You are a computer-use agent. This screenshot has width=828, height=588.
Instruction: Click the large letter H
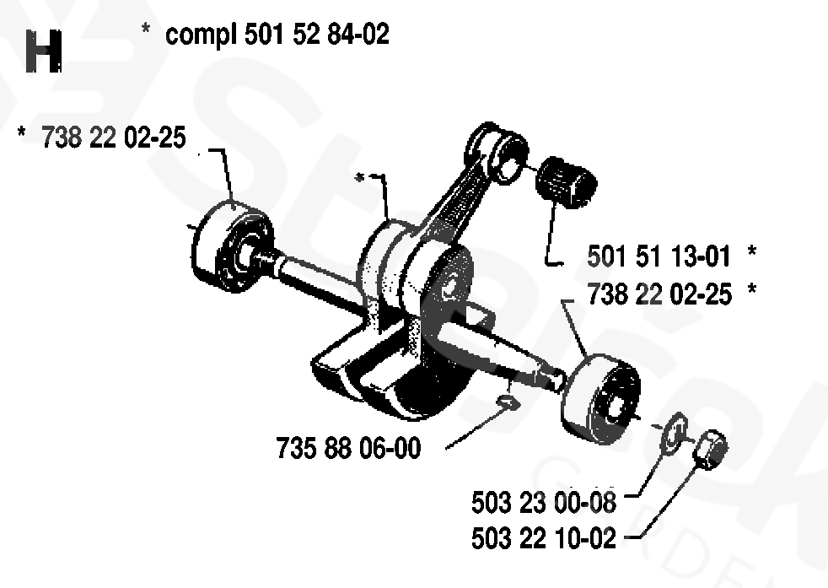(44, 51)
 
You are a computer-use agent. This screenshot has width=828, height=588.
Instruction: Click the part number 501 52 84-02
(317, 35)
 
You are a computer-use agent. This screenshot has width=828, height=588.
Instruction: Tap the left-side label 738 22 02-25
(114, 138)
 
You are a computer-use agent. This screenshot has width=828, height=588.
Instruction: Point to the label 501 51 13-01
(659, 256)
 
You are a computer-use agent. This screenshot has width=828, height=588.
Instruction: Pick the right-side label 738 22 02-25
(659, 294)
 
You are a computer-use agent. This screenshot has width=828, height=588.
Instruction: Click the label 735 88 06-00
(348, 448)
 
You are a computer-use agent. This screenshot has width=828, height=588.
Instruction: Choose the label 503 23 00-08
(543, 502)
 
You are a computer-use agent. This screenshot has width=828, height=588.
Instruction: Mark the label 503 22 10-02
(543, 538)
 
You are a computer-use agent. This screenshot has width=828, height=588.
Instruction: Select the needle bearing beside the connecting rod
(566, 182)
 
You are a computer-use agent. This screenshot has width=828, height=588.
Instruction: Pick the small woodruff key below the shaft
(508, 403)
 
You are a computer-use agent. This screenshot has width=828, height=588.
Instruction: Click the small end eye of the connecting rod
(498, 152)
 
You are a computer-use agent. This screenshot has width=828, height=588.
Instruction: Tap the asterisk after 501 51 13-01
(752, 251)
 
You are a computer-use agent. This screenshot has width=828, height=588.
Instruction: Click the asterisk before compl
(146, 29)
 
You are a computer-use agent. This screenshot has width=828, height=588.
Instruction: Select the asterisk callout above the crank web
(359, 177)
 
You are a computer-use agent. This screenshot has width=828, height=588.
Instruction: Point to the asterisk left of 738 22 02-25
(22, 132)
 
